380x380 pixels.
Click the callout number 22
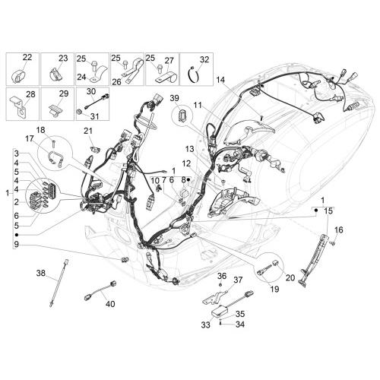click(x=27, y=58)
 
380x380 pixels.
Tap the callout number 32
click(x=204, y=59)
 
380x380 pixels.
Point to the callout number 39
click(x=174, y=98)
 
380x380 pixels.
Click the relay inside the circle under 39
click(x=182, y=114)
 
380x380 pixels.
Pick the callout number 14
click(x=220, y=80)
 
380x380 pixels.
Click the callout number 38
click(x=41, y=273)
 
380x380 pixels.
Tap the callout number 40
click(x=110, y=303)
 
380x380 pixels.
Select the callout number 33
click(x=206, y=325)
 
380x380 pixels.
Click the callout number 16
click(x=339, y=230)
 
